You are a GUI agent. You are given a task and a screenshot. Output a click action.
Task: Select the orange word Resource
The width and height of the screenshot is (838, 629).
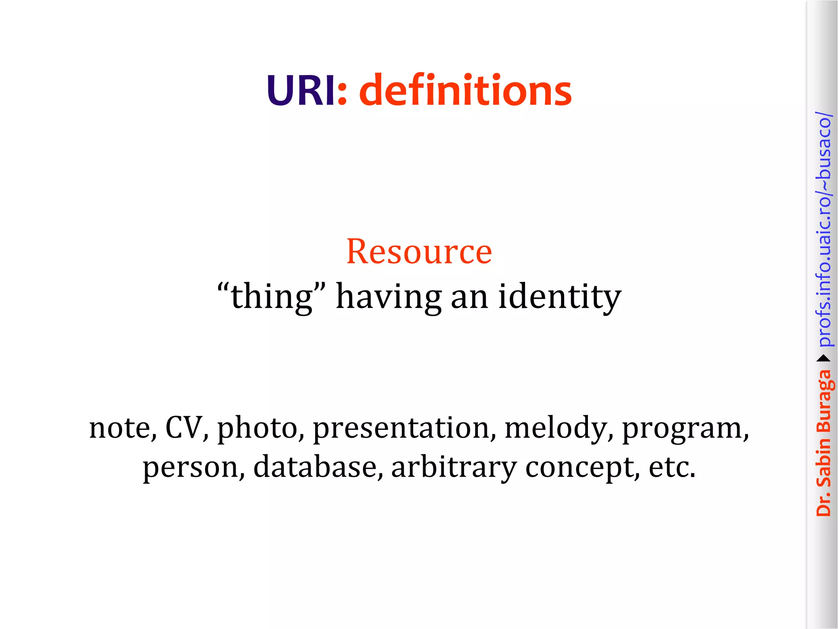(x=419, y=251)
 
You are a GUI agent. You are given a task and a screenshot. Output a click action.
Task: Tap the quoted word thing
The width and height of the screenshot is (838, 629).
(x=272, y=296)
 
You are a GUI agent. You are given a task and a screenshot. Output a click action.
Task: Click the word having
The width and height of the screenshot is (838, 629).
(x=388, y=296)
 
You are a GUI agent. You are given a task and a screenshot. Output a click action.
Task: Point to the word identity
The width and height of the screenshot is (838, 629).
(x=560, y=296)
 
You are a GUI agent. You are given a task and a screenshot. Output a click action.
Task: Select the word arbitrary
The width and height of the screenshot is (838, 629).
(x=454, y=467)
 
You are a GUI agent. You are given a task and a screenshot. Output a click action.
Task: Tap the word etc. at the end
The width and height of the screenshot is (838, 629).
(x=672, y=467)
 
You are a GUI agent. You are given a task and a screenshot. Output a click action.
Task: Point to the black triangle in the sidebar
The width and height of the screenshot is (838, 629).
(x=823, y=359)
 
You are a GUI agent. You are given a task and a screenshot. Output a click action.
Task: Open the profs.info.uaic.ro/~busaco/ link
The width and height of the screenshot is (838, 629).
(x=823, y=229)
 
